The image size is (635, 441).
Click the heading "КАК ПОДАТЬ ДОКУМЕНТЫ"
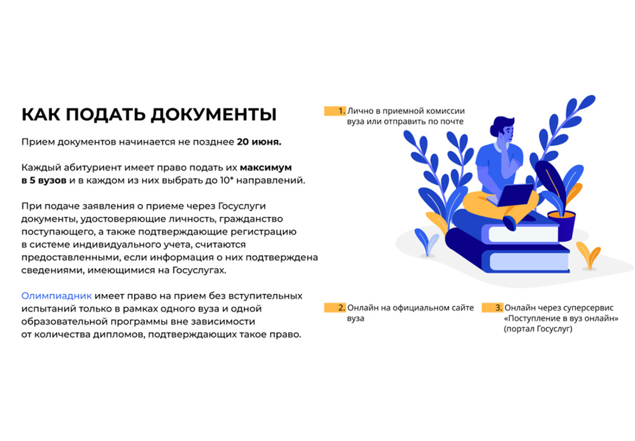(149, 114)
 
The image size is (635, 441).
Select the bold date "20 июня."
(259, 142)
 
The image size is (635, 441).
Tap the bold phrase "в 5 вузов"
(44, 180)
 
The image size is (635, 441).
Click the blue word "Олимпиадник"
(56, 295)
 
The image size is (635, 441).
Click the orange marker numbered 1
(335, 111)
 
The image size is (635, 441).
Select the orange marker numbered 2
(335, 308)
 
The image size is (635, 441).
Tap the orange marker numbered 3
(493, 308)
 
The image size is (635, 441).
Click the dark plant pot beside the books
(561, 226)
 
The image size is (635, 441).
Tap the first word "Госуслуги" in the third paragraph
(242, 206)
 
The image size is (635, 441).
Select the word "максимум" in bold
(266, 168)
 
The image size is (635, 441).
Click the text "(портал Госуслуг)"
(538, 329)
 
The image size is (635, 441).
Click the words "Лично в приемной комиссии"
(406, 111)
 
